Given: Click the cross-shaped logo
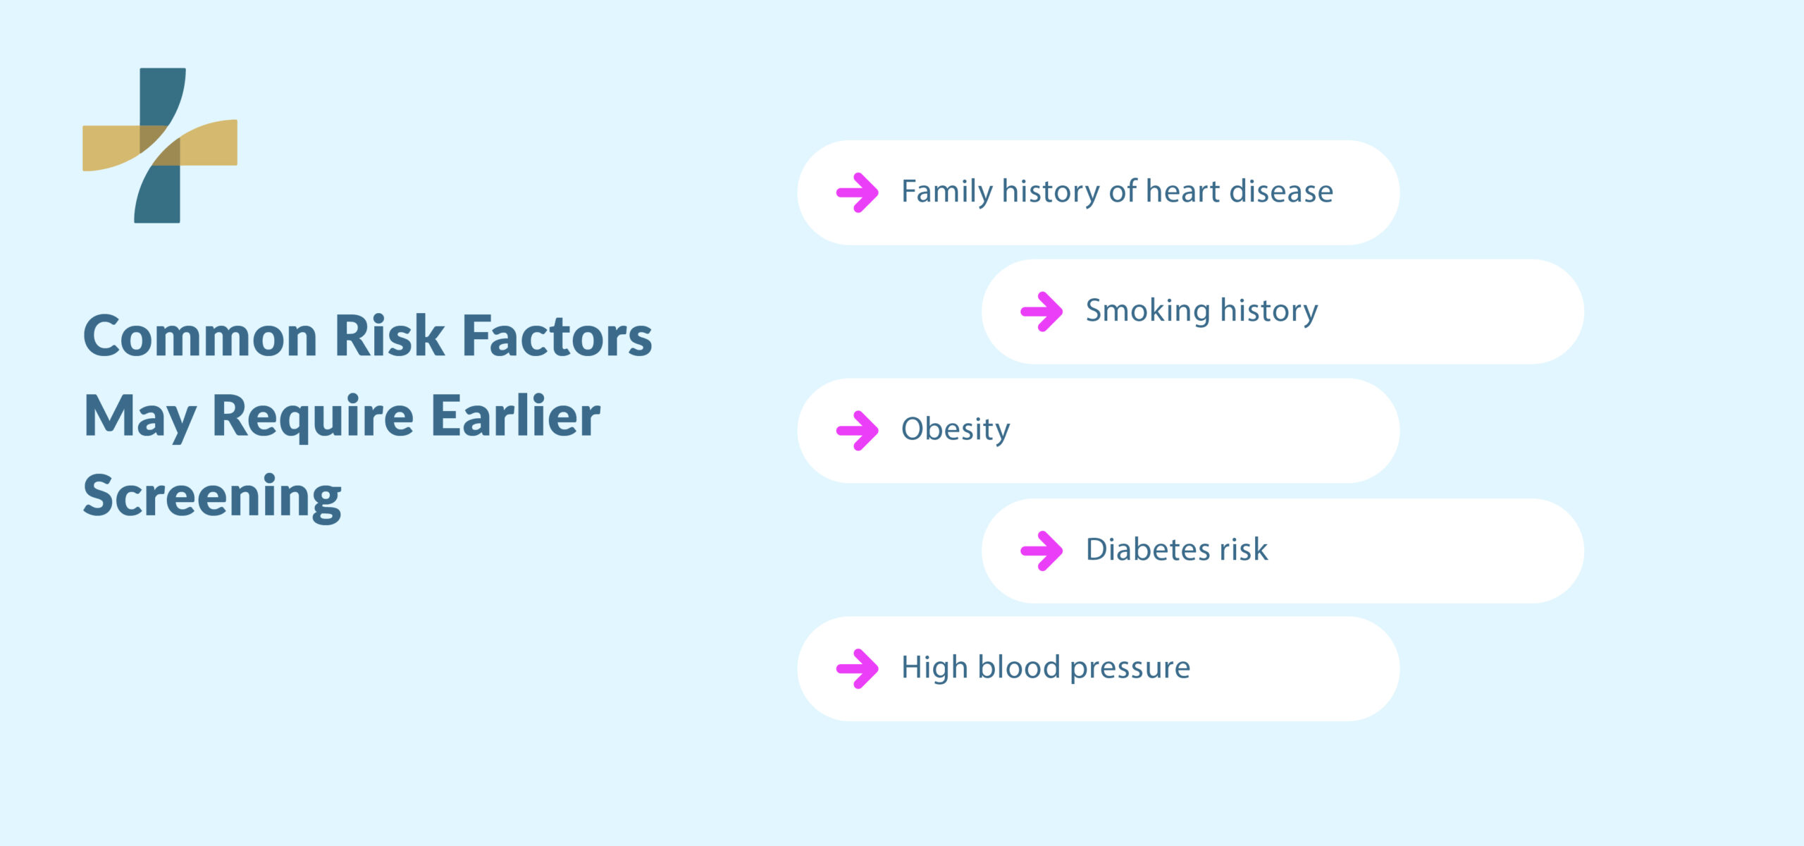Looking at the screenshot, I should (x=160, y=145).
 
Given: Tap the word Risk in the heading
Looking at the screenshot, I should (x=389, y=336).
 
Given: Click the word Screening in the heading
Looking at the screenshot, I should (x=212, y=496).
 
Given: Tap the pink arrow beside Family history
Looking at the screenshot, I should (x=857, y=192).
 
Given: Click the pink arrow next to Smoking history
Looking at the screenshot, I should (x=1042, y=312).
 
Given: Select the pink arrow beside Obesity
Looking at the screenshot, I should (x=857, y=430).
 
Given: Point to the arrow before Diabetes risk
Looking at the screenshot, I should (x=1042, y=551).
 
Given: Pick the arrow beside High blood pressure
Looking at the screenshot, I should (x=857, y=668).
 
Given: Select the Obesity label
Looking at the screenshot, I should (x=955, y=429).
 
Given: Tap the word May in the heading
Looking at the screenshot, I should (x=140, y=417).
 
